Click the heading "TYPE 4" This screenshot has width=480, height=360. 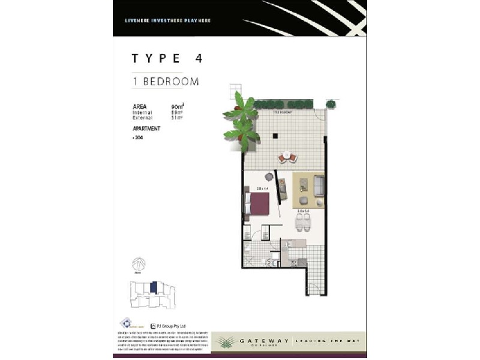(167, 58)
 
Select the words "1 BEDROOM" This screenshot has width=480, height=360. (166, 82)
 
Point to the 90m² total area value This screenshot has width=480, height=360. (177, 106)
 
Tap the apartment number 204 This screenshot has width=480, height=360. (139, 138)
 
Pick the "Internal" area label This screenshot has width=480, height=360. (142, 112)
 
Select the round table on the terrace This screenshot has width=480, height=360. (287, 157)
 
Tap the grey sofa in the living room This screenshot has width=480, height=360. (318, 187)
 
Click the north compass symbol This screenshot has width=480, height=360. (138, 265)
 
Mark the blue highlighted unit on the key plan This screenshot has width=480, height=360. (154, 287)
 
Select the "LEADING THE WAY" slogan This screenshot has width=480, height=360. (326, 341)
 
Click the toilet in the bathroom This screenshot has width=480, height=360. (274, 260)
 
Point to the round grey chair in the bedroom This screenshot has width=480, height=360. (269, 177)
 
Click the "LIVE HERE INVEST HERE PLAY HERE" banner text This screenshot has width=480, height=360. (167, 21)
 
